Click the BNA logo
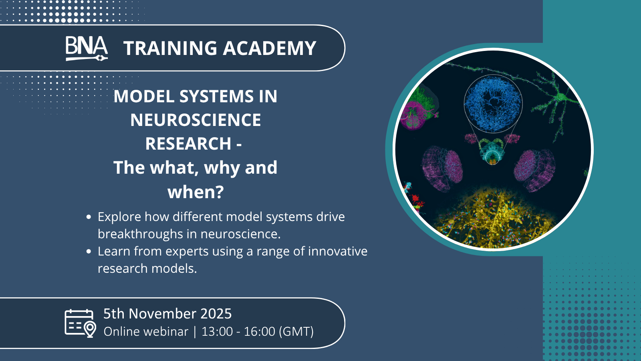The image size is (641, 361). [87, 49]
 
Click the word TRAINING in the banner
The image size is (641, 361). [170, 48]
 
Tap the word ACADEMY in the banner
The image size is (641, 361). [270, 48]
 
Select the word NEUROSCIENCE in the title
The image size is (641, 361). [196, 120]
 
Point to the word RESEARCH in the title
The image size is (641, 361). [188, 143]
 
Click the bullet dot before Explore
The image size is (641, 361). [89, 217]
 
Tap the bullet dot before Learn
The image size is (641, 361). [89, 251]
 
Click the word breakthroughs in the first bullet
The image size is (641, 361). [140, 234]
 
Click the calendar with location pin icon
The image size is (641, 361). [81, 323]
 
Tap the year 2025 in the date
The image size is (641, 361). [216, 313]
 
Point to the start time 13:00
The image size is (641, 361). [217, 331]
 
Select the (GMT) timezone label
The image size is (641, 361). [296, 331]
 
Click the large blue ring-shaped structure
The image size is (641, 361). [493, 104]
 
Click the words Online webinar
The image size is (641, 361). [146, 331]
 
